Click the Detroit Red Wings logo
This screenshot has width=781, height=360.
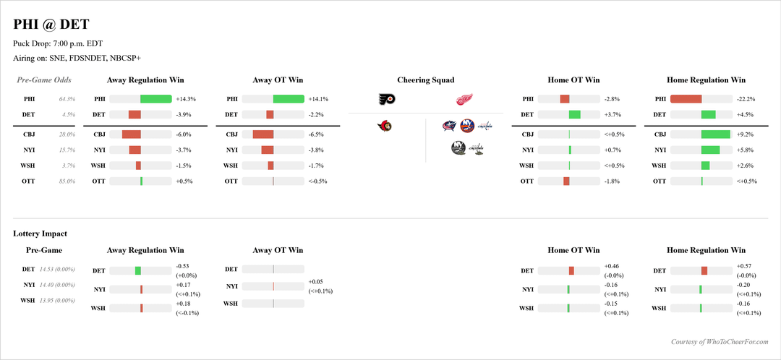pos(464,100)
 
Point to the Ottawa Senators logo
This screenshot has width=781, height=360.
pos(387,127)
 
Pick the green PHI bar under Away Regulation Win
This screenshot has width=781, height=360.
pos(155,99)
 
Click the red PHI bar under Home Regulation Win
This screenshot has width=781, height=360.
pos(686,99)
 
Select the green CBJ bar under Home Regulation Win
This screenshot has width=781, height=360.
pos(716,134)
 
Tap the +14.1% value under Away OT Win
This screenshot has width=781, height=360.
pos(318,99)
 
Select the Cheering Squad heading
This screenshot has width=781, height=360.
pos(426,80)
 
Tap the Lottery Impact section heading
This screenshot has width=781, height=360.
pos(40,233)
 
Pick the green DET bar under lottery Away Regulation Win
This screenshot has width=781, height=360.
pos(138,270)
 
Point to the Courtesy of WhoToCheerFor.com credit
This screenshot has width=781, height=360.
pos(720,342)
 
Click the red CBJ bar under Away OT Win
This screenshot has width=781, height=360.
pos(263,134)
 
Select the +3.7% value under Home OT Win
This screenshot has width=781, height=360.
pos(613,114)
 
